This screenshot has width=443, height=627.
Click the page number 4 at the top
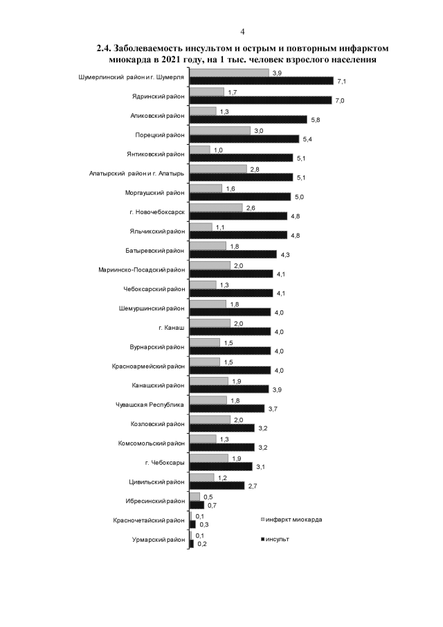pyautogui.click(x=242, y=32)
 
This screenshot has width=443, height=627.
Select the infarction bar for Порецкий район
pyautogui.click(x=219, y=130)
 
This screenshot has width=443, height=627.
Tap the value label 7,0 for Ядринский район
pyautogui.click(x=339, y=101)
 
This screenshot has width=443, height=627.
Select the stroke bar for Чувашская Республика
pyautogui.click(x=226, y=408)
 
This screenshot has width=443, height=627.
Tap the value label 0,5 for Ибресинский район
pyautogui.click(x=206, y=495)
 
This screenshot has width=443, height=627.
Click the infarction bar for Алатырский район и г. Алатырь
pyautogui.click(x=217, y=168)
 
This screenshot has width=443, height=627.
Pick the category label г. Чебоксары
pyautogui.click(x=166, y=461)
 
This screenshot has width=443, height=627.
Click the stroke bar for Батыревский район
pyautogui.click(x=233, y=254)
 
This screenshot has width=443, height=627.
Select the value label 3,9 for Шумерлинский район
pyautogui.click(x=276, y=72)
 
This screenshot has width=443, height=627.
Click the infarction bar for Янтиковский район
pyautogui.click(x=199, y=150)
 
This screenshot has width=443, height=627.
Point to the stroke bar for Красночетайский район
pyautogui.click(x=190, y=524)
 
